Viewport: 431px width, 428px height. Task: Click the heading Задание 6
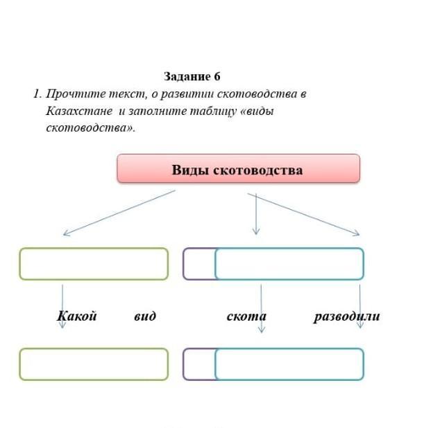[x=192, y=76]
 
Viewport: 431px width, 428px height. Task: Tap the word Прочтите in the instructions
[x=76, y=94]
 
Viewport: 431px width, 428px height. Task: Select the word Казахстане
[x=79, y=111]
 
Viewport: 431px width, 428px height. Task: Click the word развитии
[x=187, y=94]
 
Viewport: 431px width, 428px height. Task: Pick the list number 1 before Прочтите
[x=37, y=94]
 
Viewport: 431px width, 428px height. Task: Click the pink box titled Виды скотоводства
[x=238, y=168]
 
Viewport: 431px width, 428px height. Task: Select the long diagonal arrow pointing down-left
[x=119, y=213]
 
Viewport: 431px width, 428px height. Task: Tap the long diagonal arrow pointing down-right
[x=303, y=215]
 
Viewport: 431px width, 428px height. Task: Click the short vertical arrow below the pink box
[x=256, y=214]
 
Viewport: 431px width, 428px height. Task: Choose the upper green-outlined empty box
[x=94, y=248]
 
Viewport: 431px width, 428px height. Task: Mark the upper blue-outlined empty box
[x=289, y=248]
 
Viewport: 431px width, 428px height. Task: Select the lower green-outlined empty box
[x=94, y=348]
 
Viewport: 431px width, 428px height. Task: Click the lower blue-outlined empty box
[x=289, y=348]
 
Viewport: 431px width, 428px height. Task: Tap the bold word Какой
[x=76, y=316]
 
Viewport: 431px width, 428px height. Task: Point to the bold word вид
[x=145, y=316]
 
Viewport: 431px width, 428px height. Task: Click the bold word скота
[x=246, y=316]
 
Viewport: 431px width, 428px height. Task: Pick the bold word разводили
[x=347, y=316]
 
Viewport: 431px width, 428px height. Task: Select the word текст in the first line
[x=128, y=94]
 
